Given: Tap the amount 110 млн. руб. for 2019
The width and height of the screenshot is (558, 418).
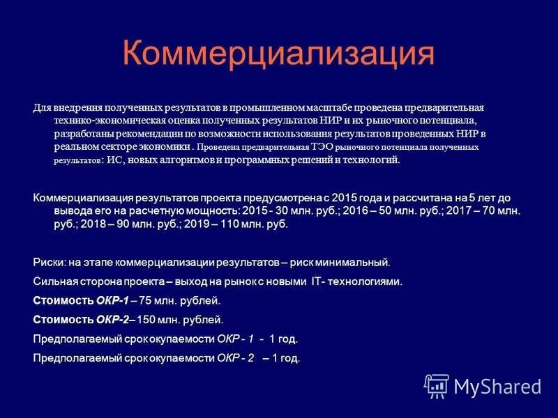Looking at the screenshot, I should pos(253,224).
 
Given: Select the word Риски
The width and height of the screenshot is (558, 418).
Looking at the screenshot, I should pos(48,263).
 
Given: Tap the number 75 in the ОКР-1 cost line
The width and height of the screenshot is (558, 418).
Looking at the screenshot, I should pos(145,301).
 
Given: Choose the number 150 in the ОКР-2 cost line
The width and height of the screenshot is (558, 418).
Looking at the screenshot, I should pos(146,320).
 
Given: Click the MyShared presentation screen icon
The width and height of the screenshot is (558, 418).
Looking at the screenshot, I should pos(436,385).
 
